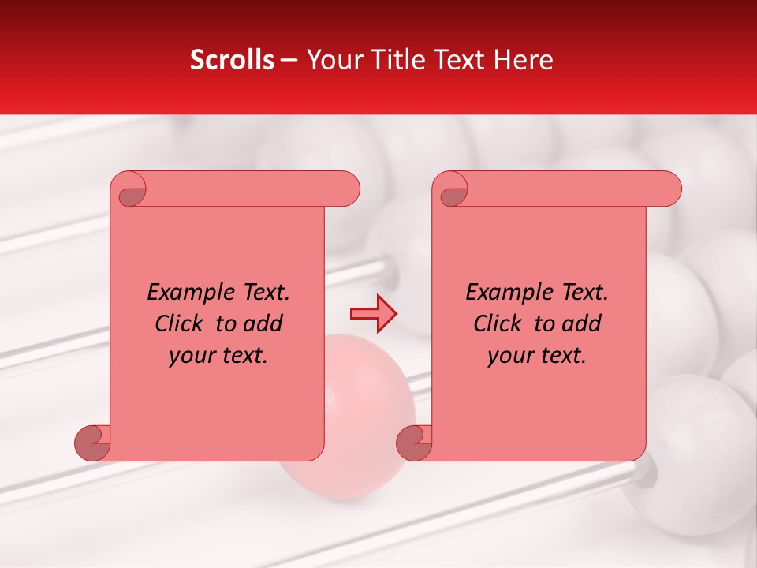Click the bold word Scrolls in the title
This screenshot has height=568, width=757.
point(232,60)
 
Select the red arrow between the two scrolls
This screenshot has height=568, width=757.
point(373,314)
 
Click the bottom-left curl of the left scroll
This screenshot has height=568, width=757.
point(93,443)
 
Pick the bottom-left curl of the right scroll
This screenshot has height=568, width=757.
point(415,443)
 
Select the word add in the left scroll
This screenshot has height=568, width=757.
point(263,323)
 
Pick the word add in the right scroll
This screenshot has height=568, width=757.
point(582,323)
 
